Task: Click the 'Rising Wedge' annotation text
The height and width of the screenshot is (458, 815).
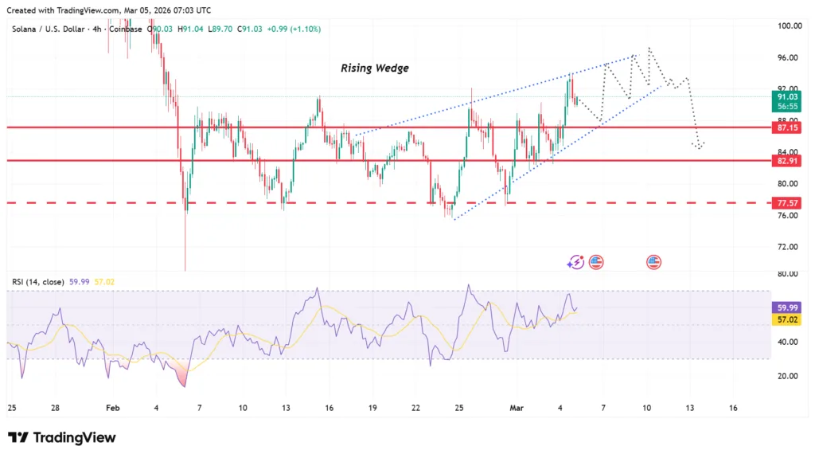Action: tap(375, 69)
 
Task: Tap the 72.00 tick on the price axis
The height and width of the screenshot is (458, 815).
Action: tap(788, 247)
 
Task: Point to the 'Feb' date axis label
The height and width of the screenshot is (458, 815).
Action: tap(113, 408)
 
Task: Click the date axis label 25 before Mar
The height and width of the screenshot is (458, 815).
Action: tap(459, 408)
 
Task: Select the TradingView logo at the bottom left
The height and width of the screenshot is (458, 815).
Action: tap(62, 437)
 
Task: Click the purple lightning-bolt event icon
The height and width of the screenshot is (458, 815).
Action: tap(575, 261)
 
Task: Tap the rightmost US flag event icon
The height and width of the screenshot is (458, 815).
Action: tap(654, 261)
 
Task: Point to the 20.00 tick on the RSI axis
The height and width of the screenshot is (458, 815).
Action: tap(788, 376)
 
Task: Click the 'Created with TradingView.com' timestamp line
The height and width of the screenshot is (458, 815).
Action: tap(109, 10)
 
